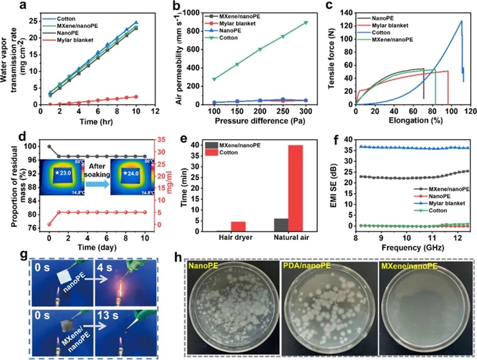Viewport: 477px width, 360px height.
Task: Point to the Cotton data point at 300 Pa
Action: tap(306, 22)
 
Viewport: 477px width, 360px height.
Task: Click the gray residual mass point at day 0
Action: tap(49, 146)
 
